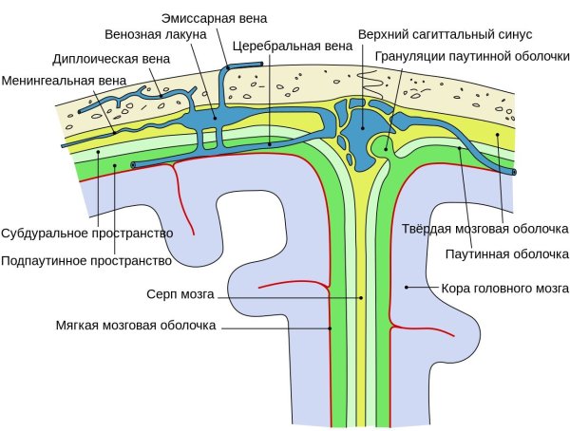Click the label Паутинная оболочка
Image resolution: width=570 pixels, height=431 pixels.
(506, 253)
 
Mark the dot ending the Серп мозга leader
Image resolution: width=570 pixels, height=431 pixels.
(362, 297)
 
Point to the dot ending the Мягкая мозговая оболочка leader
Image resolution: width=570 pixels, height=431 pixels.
(329, 327)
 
